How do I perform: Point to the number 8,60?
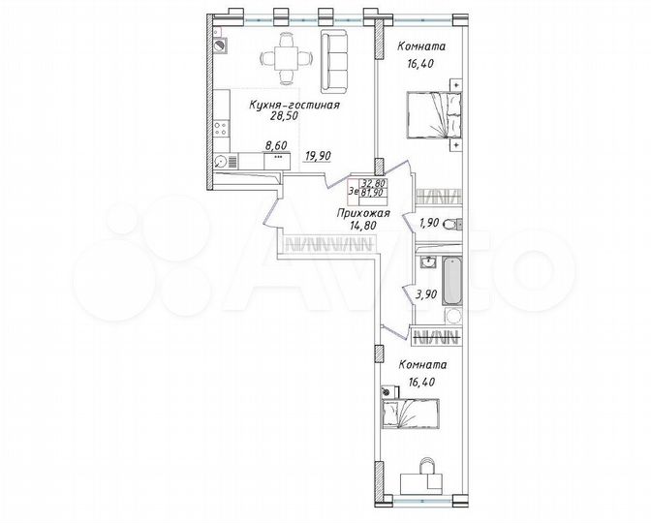278,149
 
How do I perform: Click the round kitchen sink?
222,162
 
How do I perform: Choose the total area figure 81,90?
375,192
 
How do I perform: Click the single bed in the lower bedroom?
408,413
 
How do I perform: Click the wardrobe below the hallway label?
325,246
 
